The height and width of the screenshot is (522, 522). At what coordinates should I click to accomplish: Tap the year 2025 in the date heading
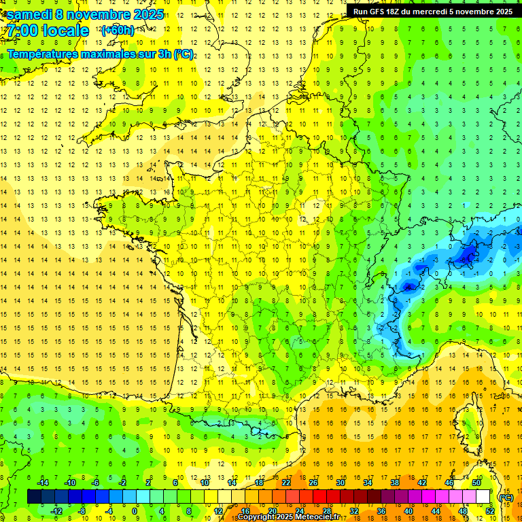143,14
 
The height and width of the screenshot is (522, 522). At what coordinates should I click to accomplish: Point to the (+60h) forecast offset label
118,31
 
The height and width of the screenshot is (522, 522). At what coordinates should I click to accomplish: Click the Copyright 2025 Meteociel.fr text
288,517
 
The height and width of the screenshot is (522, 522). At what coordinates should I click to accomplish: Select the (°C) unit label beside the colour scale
506,498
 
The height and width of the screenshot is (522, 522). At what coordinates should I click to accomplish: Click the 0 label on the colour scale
135,510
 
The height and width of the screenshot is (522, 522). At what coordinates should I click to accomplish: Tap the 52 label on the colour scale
489,510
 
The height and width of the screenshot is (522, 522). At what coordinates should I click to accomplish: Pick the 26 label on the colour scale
313,483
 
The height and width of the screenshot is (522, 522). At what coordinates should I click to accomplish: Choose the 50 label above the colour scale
476,483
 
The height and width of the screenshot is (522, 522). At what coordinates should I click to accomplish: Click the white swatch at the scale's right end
483,497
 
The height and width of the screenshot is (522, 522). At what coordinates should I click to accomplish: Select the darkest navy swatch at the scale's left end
34,497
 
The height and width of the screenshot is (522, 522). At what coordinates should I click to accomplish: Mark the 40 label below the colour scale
408,510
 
